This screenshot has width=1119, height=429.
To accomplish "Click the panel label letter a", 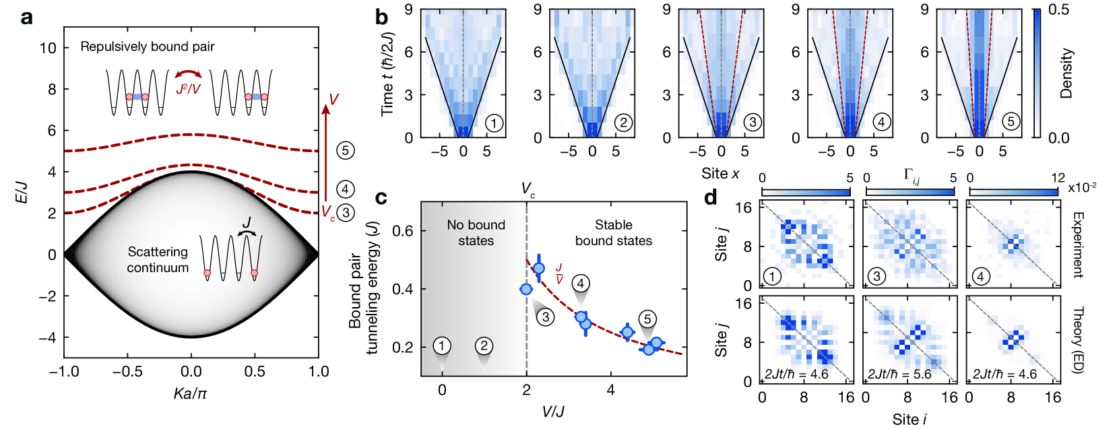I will click(x=26, y=18).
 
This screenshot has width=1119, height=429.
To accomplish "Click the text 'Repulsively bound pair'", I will click(x=148, y=46).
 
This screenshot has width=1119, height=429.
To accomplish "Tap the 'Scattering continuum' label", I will click(x=158, y=259).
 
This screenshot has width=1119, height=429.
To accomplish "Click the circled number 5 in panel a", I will click(x=345, y=150).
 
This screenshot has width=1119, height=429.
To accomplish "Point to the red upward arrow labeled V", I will click(x=325, y=155).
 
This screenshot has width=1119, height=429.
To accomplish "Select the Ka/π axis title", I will click(x=191, y=393).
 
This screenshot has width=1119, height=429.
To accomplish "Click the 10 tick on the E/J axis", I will click(x=48, y=48).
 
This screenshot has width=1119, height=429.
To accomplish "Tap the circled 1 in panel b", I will click(x=494, y=123).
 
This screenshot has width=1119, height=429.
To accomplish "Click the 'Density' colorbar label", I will click(x=1066, y=73).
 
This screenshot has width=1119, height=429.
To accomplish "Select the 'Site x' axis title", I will click(x=720, y=174).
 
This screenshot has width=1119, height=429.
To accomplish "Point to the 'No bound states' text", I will click(x=476, y=232).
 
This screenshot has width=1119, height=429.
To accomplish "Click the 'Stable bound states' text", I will click(x=613, y=232).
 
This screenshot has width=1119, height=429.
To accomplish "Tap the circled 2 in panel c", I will click(x=484, y=346).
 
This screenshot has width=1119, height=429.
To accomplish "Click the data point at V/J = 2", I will click(x=526, y=289).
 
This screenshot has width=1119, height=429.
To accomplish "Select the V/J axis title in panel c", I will click(x=553, y=411).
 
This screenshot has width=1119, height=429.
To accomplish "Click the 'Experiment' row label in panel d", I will click(x=1077, y=244).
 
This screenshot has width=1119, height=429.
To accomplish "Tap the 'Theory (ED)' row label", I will click(x=1077, y=341).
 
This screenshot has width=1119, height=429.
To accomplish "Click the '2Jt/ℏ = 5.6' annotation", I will click(x=899, y=374).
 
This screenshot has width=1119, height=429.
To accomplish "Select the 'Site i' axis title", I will click(x=909, y=420).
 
